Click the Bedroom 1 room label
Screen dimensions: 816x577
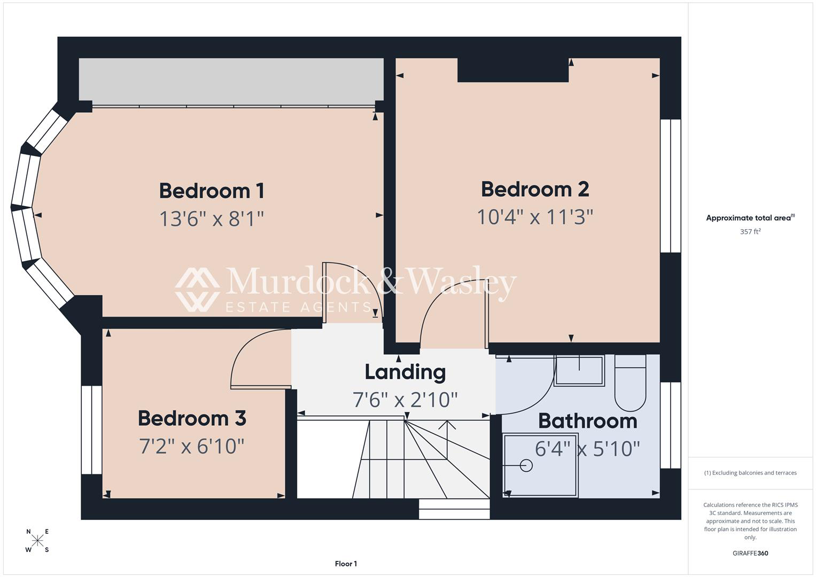212,191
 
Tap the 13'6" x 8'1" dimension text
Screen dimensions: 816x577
212,219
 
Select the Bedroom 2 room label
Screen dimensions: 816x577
535,190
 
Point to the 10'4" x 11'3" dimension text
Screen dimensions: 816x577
535,217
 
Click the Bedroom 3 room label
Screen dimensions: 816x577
192,418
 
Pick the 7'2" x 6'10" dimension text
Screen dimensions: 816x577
192,446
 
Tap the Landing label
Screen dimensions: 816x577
405,373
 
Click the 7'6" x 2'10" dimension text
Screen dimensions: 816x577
405,400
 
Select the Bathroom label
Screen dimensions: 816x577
588,421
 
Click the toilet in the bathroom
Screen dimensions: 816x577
630,383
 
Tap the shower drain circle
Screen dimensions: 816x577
526,465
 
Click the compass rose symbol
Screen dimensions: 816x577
37,540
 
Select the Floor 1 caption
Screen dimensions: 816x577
346,564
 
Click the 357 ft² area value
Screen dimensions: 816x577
750,232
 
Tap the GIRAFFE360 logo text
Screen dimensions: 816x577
750,553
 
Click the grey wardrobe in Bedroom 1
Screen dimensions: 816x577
231,82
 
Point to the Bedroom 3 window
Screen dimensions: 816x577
91,430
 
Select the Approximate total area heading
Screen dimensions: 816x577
750,218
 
